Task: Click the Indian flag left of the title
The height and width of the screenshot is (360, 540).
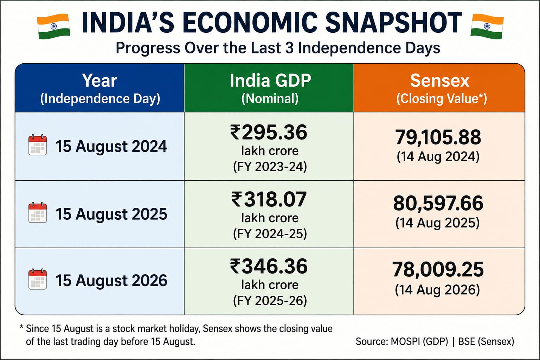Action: pyautogui.click(x=53, y=26)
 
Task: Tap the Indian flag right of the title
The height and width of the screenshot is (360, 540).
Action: pyautogui.click(x=487, y=26)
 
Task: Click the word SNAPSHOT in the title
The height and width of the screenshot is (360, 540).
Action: pyautogui.click(x=394, y=22)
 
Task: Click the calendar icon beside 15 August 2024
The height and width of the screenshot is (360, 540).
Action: pyautogui.click(x=38, y=145)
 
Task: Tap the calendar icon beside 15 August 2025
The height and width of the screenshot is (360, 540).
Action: pyautogui.click(x=38, y=212)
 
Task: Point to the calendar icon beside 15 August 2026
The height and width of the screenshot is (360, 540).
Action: pyautogui.click(x=38, y=279)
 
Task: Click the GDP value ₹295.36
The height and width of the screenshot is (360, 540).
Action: pyautogui.click(x=269, y=133)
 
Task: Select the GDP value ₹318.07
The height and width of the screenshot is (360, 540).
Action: pyautogui.click(x=269, y=199)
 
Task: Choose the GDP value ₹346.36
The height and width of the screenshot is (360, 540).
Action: pyautogui.click(x=269, y=266)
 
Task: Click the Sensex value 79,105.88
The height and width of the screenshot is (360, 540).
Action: pyautogui.click(x=438, y=137)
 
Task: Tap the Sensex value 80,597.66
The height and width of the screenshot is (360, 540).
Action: pyautogui.click(x=438, y=204)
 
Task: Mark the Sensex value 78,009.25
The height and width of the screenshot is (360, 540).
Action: pyautogui.click(x=438, y=270)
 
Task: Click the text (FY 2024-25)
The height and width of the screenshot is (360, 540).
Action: pyautogui.click(x=270, y=234)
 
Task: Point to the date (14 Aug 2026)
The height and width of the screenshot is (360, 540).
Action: pyautogui.click(x=437, y=290)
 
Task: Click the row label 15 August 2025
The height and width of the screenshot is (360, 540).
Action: pyautogui.click(x=111, y=214)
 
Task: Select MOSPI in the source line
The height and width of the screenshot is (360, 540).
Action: pyautogui.click(x=405, y=342)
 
